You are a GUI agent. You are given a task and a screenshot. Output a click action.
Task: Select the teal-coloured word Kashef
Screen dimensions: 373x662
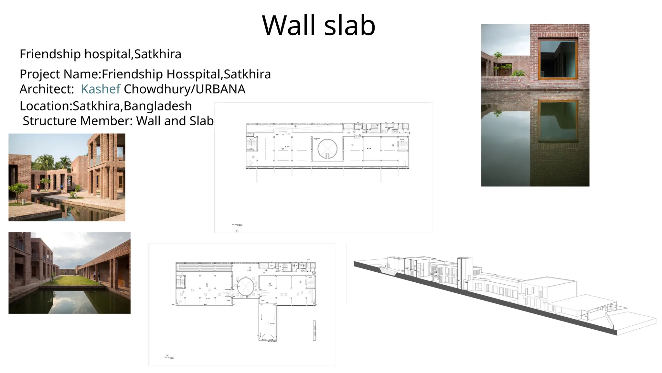pos(101,89)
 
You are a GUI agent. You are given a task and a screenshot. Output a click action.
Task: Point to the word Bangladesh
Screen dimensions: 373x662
pos(158,106)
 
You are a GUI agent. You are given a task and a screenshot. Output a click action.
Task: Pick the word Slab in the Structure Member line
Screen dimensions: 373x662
pos(201,121)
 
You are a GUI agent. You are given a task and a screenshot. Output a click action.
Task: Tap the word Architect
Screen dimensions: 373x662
pos(47,89)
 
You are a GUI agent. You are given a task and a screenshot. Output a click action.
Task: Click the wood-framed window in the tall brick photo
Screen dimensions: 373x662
pos(558,59)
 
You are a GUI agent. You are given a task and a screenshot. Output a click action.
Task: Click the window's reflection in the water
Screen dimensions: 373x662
pos(558,121)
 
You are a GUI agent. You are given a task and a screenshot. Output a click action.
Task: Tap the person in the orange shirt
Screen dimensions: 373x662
pos(38,187)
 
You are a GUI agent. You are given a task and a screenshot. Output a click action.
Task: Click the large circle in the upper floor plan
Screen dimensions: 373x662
pos(327,149)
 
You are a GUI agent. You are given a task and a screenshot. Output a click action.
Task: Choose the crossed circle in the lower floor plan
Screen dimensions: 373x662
pos(246,287)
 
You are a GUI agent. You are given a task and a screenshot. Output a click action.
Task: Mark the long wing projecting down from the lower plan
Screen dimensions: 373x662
pos(268,322)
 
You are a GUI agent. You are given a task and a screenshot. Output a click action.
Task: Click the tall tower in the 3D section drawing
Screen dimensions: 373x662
pos(465,273)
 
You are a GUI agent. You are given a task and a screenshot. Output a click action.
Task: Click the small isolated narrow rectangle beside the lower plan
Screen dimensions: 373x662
pos(314,330)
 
